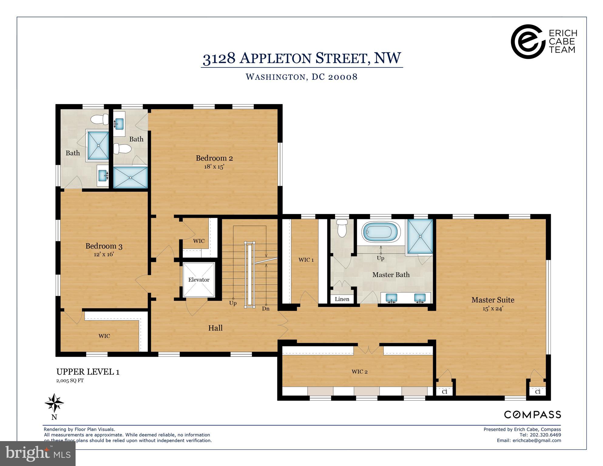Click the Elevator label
[199, 280]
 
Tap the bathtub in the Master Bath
[381, 232]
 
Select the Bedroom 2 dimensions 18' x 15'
[214, 167]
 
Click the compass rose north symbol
[54, 403]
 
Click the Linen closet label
[342, 299]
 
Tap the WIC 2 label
[360, 372]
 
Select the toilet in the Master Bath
[342, 228]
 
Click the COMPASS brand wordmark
[532, 415]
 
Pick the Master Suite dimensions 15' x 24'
[493, 309]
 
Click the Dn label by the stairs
[266, 309]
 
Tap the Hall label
[215, 328]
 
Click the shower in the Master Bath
[420, 236]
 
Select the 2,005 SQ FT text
[70, 380]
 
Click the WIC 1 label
[306, 260]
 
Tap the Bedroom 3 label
[104, 246]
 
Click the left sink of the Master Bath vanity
[391, 298]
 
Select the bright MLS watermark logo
[38, 454]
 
